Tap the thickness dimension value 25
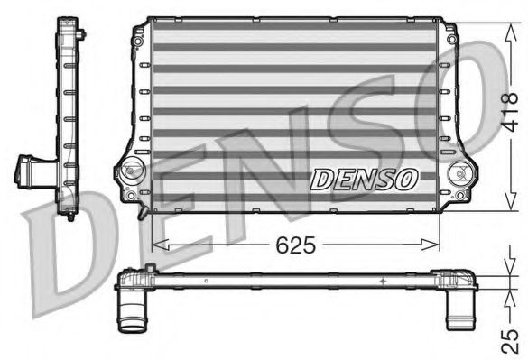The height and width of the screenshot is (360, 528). point(510,337)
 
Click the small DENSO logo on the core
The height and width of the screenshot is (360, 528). point(364,180)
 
